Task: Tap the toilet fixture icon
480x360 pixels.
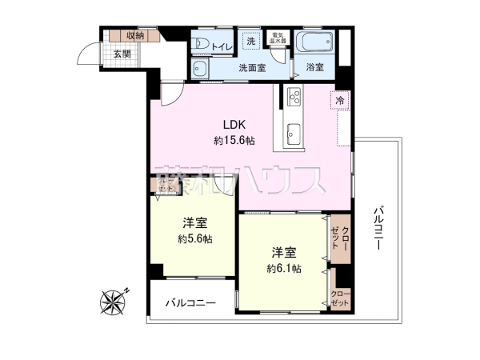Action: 201,44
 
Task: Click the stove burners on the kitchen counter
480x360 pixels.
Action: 292,98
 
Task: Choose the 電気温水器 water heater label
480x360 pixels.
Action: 278,40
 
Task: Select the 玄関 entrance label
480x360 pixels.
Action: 121,54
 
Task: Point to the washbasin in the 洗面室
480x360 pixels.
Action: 202,69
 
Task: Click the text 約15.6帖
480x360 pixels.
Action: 234,140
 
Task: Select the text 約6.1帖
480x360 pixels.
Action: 284,268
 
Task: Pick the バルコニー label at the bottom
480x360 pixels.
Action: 191,303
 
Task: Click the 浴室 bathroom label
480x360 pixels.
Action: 314,68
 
